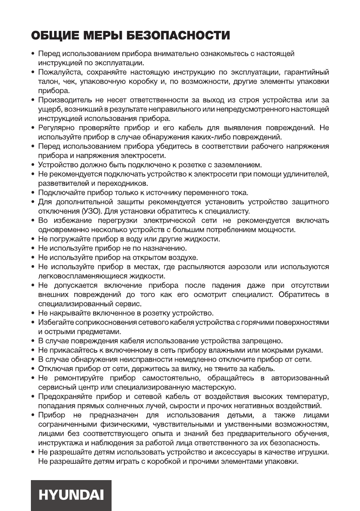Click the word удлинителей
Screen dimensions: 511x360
(x=308, y=174)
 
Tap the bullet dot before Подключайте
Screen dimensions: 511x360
(x=33, y=193)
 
